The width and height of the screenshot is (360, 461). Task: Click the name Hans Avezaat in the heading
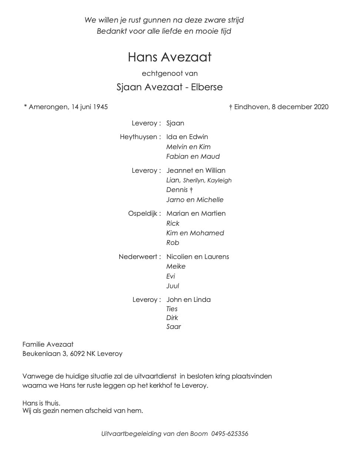[x=170, y=57]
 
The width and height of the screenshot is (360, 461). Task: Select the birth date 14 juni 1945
[x=89, y=107]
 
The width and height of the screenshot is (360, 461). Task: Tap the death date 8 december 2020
[x=300, y=107]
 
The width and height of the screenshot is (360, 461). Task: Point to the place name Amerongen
[x=48, y=107]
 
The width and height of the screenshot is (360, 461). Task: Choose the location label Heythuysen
[x=139, y=137]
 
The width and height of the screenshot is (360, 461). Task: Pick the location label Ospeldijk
[x=143, y=213]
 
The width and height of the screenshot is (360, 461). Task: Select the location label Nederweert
[x=138, y=257]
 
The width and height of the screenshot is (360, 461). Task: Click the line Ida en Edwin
[x=187, y=137]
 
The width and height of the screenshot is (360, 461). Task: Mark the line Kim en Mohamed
[x=195, y=233]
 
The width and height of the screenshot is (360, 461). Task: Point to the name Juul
[x=173, y=286]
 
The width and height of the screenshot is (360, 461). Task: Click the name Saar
[x=173, y=327]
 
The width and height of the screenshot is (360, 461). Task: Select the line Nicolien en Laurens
[x=197, y=257]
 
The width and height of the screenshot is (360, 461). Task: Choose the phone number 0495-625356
[x=230, y=434]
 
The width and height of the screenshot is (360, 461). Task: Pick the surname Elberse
[x=207, y=87]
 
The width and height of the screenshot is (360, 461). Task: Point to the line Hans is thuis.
[x=41, y=403]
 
